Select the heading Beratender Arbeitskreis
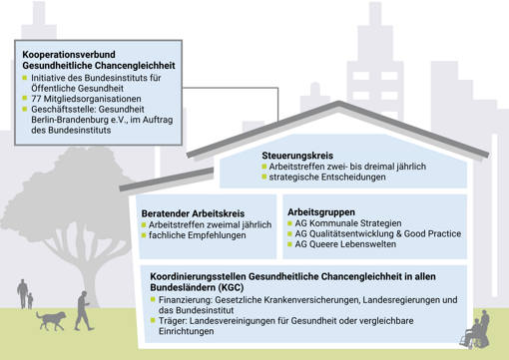click(192, 212)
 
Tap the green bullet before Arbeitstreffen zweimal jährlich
click(143, 225)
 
